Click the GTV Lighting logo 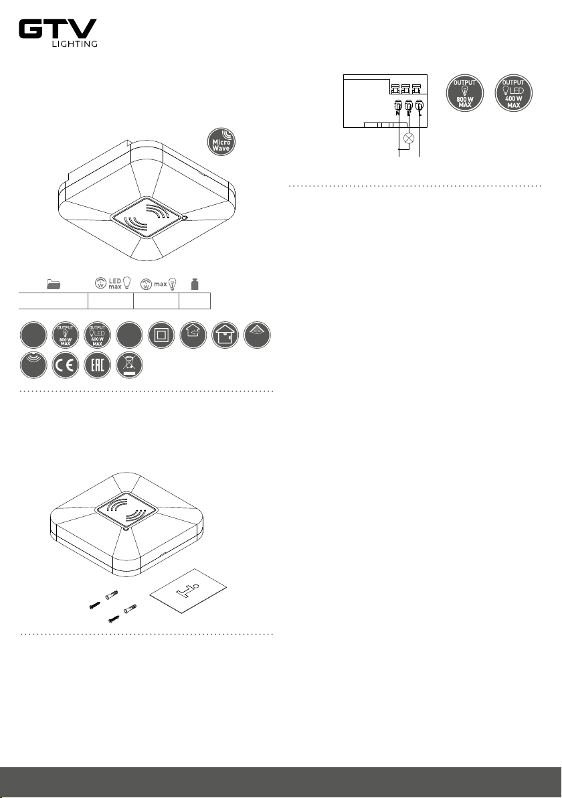point(58,33)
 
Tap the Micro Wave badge point(221,142)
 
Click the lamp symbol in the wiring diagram point(408,138)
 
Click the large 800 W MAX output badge point(465,93)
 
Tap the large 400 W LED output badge point(514,93)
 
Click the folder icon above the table point(54,284)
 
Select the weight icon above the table point(194,284)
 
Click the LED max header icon point(114,283)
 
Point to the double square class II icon point(161,335)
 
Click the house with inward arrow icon point(193,335)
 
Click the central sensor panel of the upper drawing point(147,218)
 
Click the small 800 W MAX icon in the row point(66,335)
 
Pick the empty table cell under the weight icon point(195,301)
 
